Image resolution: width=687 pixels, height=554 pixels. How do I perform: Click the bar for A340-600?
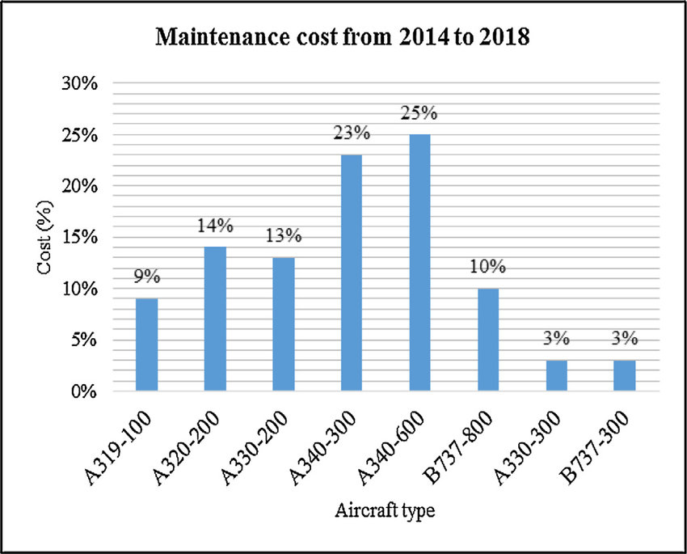pos(419,263)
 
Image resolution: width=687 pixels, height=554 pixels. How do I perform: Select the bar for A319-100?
pos(146,345)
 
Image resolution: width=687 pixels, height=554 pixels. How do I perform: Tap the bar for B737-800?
pos(487,340)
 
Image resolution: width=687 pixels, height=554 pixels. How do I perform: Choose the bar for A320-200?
pos(214,319)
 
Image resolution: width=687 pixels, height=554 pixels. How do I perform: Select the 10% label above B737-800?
pos(487,268)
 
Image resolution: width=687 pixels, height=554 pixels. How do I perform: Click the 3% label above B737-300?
pos(623,339)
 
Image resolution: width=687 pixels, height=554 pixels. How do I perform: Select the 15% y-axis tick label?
pos(80,238)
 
